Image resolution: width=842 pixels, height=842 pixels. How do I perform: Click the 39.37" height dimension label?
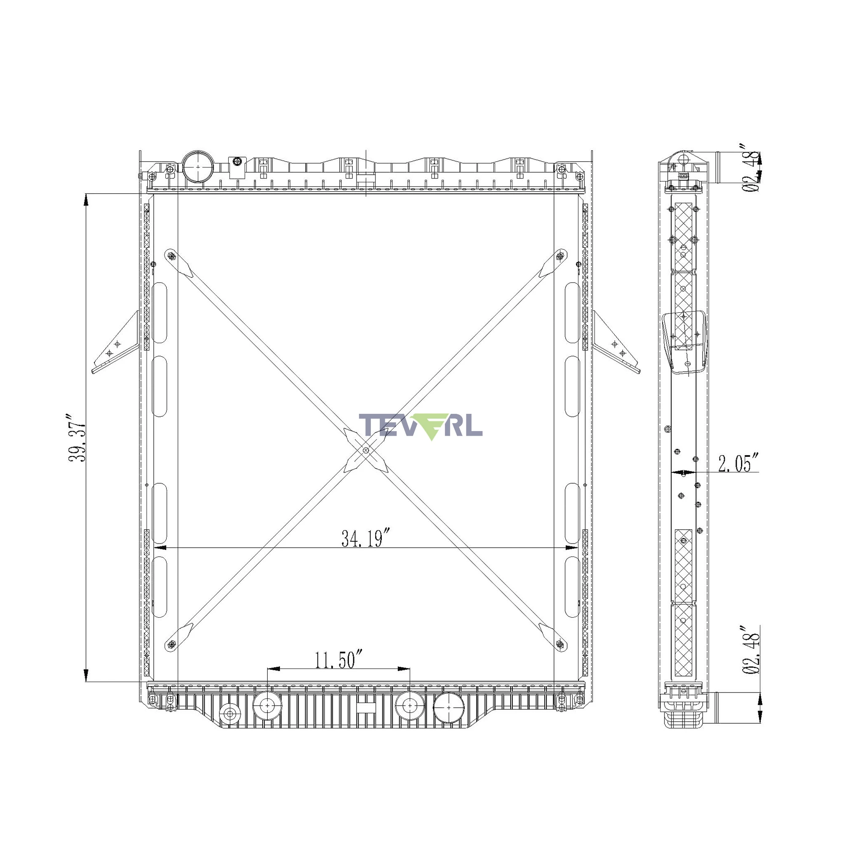pos(77,437)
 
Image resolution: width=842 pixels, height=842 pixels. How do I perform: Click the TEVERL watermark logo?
pos(421,426)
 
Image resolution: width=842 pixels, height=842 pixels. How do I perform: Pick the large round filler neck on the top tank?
pos(198,166)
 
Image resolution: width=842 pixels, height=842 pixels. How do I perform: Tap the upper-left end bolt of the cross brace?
pos(171,256)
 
